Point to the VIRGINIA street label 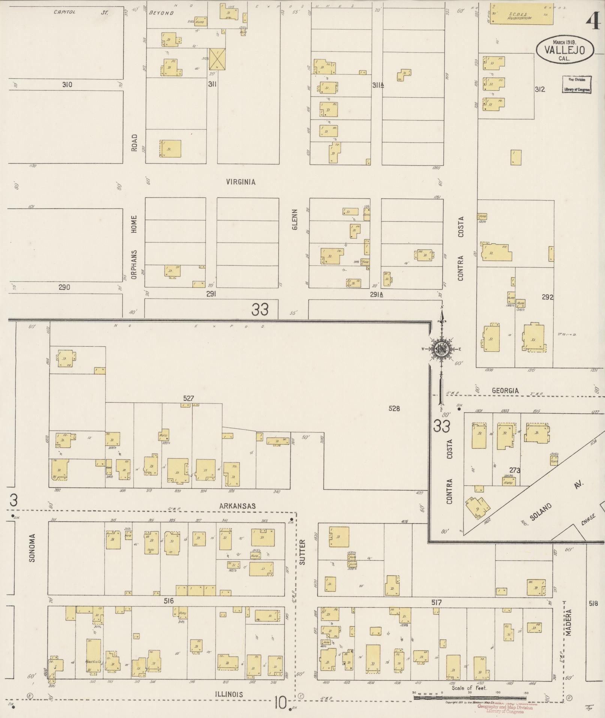(241, 182)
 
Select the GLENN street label (294, 220)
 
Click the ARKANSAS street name (237, 506)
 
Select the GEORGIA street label (505, 391)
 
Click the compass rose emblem (441, 349)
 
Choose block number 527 (189, 398)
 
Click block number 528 (394, 408)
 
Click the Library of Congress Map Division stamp (576, 85)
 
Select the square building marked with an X (218, 59)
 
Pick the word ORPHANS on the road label (134, 264)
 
